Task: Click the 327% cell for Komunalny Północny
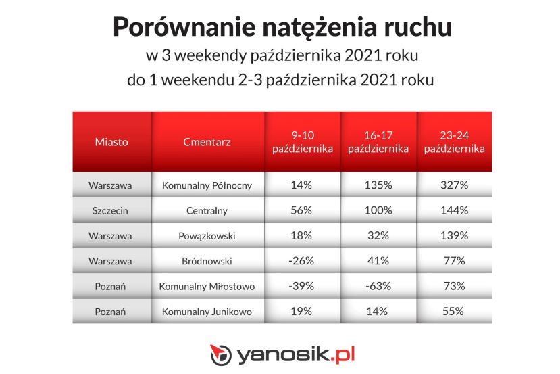pos(454,185)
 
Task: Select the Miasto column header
pos(111,142)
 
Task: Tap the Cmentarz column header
pos(207,142)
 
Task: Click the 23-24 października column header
pos(455,142)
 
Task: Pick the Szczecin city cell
pos(110,210)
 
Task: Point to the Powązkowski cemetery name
pos(207,236)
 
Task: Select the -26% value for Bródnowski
pos(301,261)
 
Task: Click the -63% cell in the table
pos(378,286)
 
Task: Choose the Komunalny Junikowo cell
pos(207,312)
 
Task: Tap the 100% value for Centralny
pos(378,210)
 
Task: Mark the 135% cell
pos(378,185)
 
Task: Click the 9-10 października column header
pos(303,142)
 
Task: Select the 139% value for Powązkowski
pos(454,235)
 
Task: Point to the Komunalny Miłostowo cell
pos(207,286)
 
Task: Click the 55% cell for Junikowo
pos(453,311)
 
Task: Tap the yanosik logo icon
pos(221,354)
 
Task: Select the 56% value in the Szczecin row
pos(301,210)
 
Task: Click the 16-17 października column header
pos(378,142)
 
